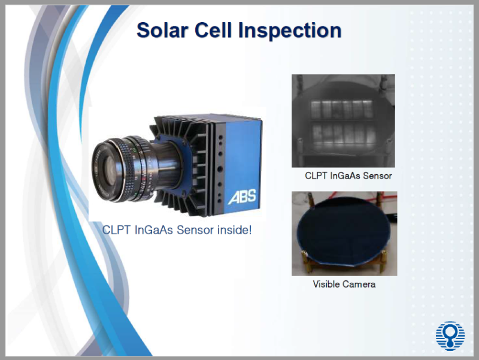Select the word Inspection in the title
[x=291, y=29]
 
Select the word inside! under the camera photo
[x=234, y=229]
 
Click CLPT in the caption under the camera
[x=117, y=229]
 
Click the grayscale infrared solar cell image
[x=343, y=120]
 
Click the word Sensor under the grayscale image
[x=377, y=176]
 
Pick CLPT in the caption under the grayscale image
[x=316, y=176]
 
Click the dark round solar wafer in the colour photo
[x=341, y=231]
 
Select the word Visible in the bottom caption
[x=327, y=284]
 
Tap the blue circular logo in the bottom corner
[x=450, y=335]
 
